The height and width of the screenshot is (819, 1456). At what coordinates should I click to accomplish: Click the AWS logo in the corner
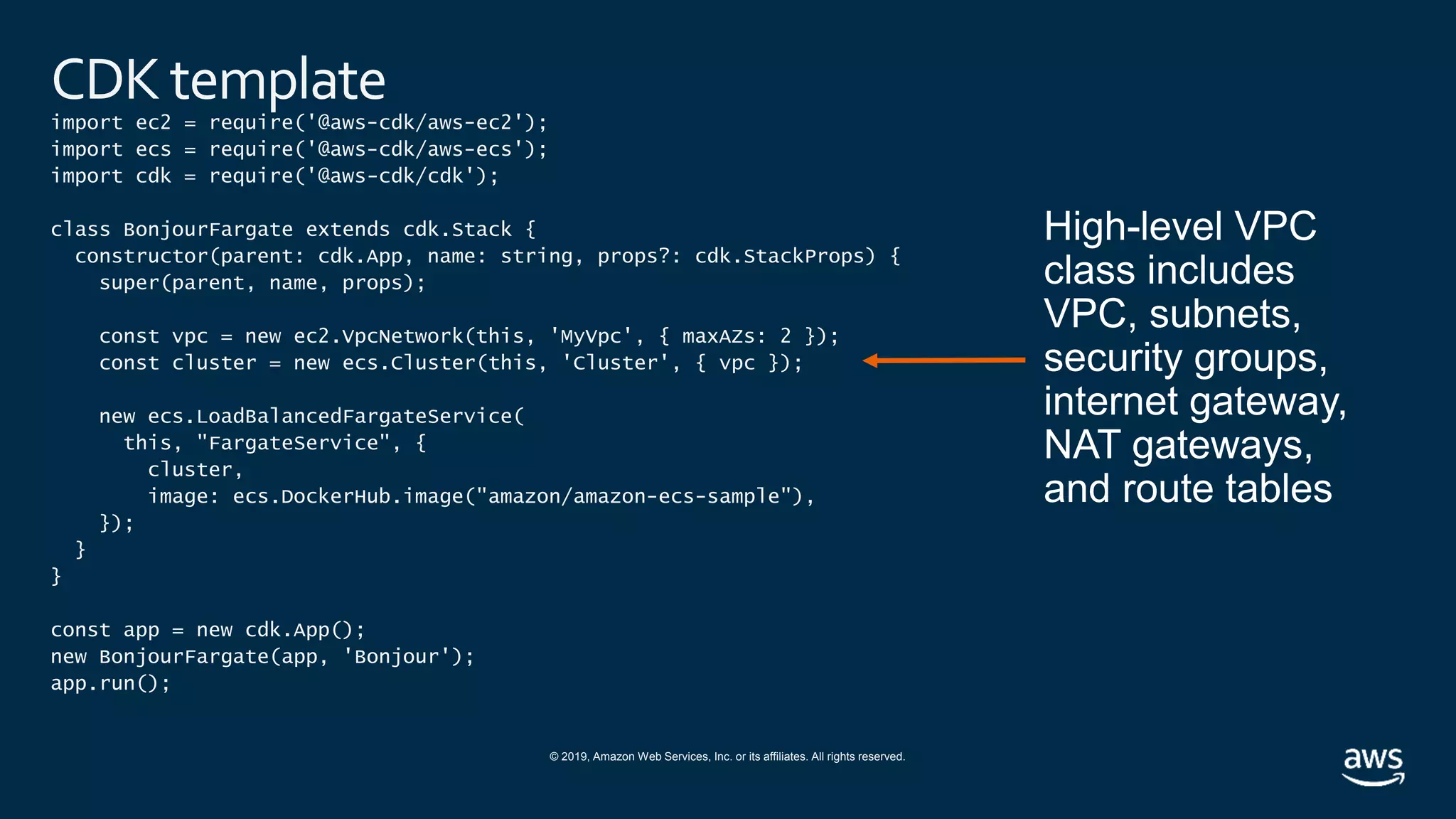click(1373, 766)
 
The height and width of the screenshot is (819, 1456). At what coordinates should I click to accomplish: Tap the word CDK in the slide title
click(105, 80)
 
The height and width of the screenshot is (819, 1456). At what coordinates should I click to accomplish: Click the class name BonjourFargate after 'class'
click(208, 230)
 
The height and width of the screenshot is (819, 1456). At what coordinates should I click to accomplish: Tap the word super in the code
click(129, 283)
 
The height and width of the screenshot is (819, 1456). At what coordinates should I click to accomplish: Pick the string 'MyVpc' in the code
click(591, 336)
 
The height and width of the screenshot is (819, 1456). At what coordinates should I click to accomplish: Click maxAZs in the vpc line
click(718, 336)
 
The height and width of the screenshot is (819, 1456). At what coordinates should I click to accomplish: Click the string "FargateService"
click(293, 443)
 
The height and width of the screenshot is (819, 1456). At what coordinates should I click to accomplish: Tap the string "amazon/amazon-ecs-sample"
click(633, 496)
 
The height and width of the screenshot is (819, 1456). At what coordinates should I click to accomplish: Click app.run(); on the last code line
click(110, 684)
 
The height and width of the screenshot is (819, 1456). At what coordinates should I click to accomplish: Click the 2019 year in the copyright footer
click(574, 757)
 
